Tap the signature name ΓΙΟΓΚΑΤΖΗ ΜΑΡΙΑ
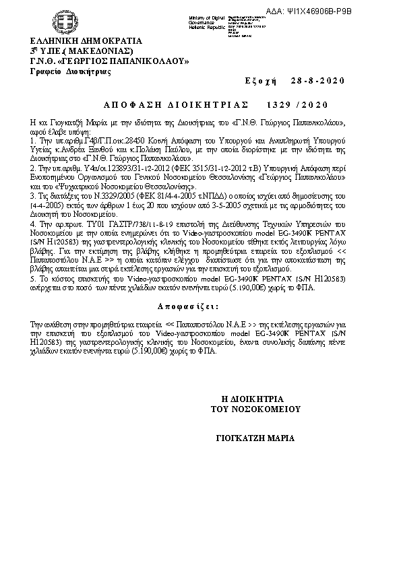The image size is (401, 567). pyautogui.click(x=255, y=438)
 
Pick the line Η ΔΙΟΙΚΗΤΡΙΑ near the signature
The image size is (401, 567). pyautogui.click(x=257, y=399)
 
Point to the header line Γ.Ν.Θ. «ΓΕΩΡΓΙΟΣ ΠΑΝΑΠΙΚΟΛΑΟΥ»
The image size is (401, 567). pyautogui.click(x=108, y=61)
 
